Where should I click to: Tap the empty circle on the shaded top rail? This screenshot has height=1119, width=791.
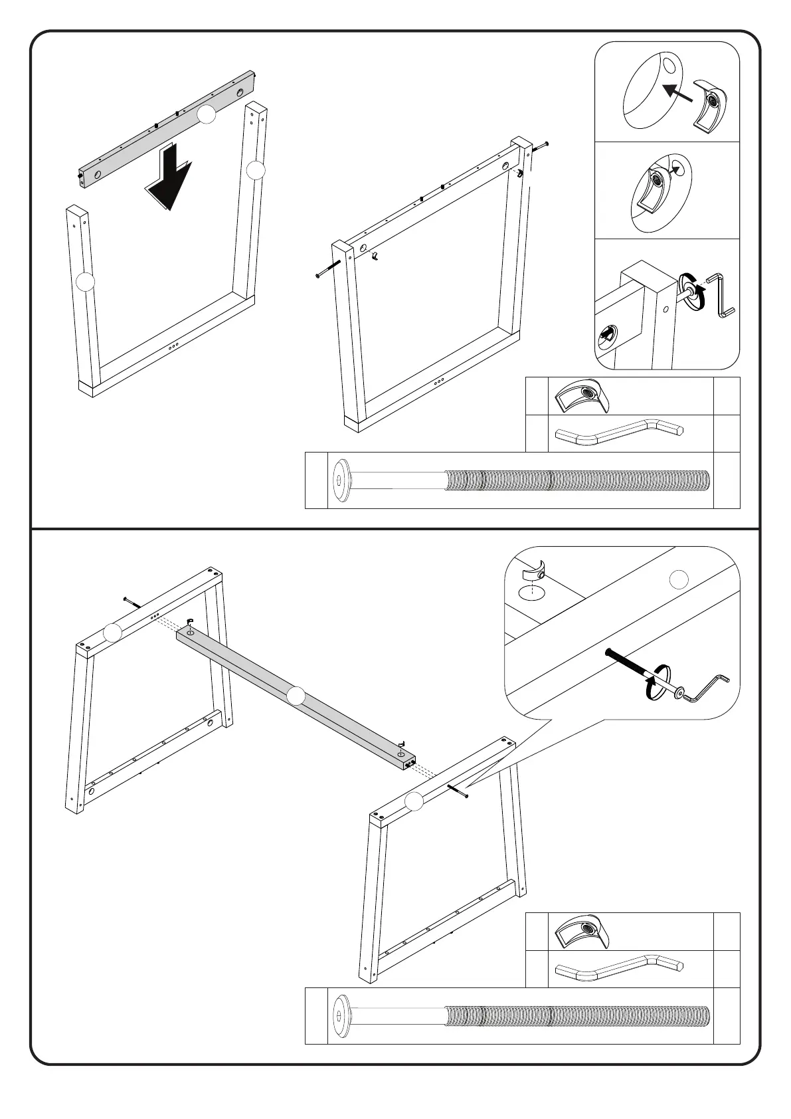(207, 115)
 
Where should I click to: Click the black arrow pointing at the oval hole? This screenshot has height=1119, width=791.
(677, 92)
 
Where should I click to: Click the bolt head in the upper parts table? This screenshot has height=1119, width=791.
(343, 480)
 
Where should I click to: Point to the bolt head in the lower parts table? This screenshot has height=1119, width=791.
(343, 1016)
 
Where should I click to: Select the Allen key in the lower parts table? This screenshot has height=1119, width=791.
(618, 968)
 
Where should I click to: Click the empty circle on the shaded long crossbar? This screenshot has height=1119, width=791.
(297, 696)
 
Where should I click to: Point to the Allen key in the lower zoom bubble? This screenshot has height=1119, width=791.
(708, 687)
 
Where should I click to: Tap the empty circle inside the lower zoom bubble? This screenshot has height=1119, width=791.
(677, 579)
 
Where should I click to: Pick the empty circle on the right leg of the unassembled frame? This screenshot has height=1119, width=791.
(256, 171)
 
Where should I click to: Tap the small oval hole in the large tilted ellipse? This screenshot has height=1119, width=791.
(669, 65)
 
